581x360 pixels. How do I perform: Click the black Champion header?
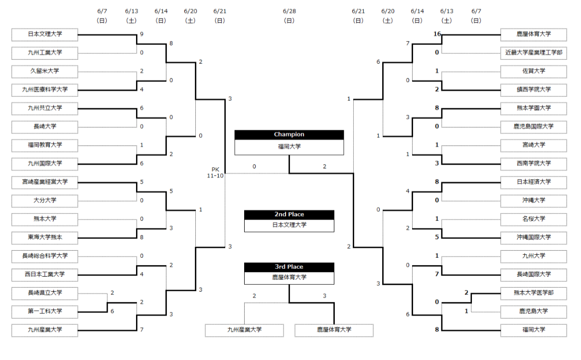click(289, 135)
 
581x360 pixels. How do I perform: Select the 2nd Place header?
click(289, 215)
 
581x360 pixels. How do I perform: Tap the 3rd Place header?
click(289, 267)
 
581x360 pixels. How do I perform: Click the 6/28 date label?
click(290, 11)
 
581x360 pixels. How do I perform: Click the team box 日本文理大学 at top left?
click(45, 34)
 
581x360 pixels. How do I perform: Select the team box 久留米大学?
click(45, 71)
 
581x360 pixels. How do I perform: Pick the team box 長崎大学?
click(45, 127)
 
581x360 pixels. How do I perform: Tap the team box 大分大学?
click(45, 200)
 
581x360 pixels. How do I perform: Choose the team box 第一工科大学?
click(45, 312)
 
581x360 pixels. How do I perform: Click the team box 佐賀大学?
click(534, 71)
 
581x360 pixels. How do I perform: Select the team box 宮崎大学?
click(534, 145)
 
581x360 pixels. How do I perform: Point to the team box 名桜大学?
click(534, 219)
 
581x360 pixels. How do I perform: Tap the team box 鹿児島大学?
click(534, 312)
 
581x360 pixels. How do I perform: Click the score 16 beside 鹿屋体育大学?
click(437, 34)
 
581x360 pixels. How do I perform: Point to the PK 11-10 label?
click(215, 173)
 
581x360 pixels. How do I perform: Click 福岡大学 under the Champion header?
click(290, 147)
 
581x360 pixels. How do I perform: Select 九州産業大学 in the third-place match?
click(245, 330)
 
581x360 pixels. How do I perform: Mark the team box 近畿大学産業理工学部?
click(534, 53)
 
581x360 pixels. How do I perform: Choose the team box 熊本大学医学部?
click(534, 293)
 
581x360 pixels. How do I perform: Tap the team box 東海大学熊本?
click(45, 238)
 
